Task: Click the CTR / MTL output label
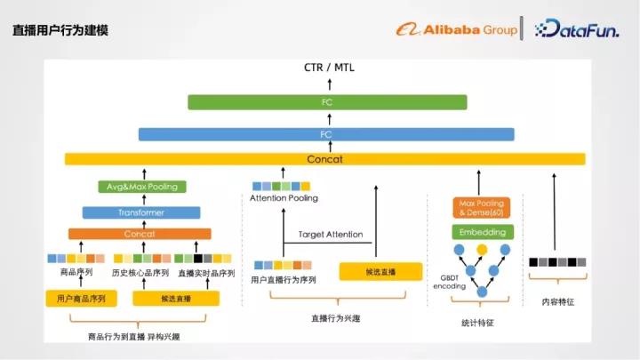328,67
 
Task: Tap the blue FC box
326,134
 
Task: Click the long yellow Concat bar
325,159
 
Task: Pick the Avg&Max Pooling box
142,187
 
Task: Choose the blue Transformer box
140,212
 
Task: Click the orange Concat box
140,234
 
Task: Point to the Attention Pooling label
284,198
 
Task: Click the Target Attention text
331,235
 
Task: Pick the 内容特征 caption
558,302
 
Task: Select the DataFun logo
578,29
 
